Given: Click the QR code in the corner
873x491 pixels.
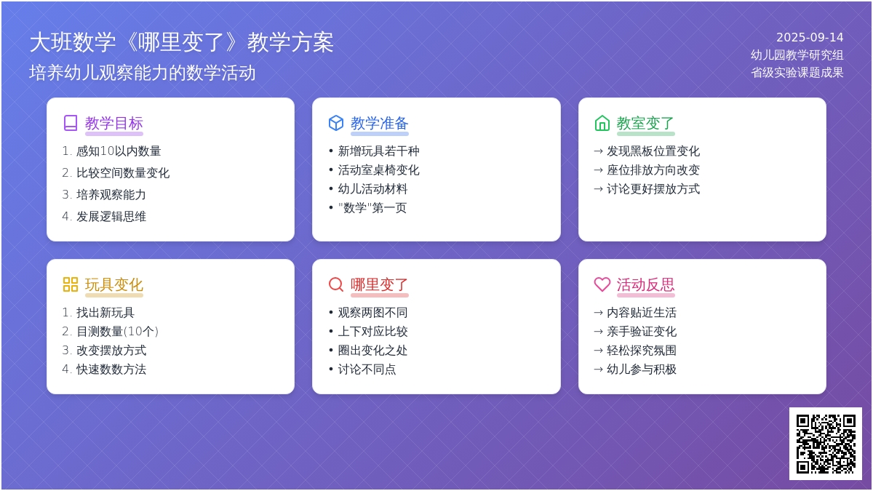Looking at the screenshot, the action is [x=826, y=444].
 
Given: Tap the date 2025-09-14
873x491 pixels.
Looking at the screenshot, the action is [x=810, y=37].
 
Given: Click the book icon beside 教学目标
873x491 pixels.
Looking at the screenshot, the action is [x=71, y=123].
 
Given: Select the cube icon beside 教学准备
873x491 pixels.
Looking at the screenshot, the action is [x=336, y=123].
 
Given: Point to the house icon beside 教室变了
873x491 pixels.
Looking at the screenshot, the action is [x=602, y=123].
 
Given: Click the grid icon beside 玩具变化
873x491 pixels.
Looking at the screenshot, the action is [x=71, y=284].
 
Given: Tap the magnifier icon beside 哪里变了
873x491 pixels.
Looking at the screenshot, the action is [x=336, y=284].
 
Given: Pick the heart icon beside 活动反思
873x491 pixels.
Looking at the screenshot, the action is [x=602, y=284].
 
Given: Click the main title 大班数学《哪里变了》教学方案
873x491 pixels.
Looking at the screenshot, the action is [x=182, y=42].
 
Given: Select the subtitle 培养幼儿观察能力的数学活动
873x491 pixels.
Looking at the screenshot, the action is [x=143, y=73].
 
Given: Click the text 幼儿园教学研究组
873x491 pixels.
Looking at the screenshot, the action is [x=797, y=55].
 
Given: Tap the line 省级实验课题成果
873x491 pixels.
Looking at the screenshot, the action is [x=797, y=73].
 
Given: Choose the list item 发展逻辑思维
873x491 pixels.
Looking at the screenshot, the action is [x=111, y=216].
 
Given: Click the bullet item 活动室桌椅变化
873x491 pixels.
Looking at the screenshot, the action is [x=378, y=170].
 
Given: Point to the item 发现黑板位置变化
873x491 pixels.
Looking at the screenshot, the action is [x=653, y=151].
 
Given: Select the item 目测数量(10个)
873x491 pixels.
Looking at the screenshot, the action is [x=117, y=331].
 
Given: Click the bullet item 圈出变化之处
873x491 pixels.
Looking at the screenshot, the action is [x=372, y=351].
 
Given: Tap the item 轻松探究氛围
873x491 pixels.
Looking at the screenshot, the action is [x=642, y=351].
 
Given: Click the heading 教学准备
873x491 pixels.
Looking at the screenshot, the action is [x=380, y=123].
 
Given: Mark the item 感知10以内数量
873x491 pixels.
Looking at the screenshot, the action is [x=119, y=151].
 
